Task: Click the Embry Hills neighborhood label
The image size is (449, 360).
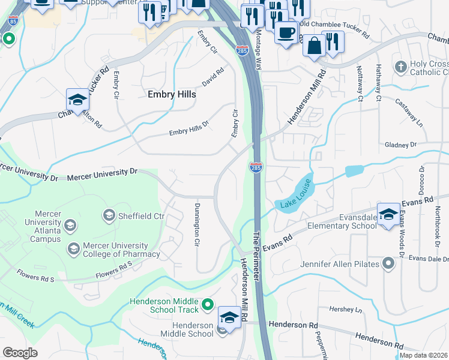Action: (x=172, y=94)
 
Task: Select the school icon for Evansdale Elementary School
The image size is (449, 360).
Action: (x=388, y=213)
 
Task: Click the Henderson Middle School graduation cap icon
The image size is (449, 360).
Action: (x=229, y=317)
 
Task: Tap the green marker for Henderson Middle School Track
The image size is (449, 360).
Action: (x=208, y=305)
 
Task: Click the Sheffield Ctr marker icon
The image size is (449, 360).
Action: (x=109, y=215)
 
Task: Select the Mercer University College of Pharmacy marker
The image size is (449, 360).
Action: (x=73, y=248)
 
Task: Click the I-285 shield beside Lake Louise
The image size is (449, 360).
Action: (x=255, y=167)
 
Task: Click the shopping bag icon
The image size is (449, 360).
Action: (x=314, y=46)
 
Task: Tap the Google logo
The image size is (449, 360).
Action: (x=20, y=352)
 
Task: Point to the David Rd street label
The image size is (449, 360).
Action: (x=212, y=77)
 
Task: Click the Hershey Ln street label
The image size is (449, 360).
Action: (x=346, y=310)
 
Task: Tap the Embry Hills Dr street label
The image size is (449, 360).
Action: (x=188, y=128)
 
